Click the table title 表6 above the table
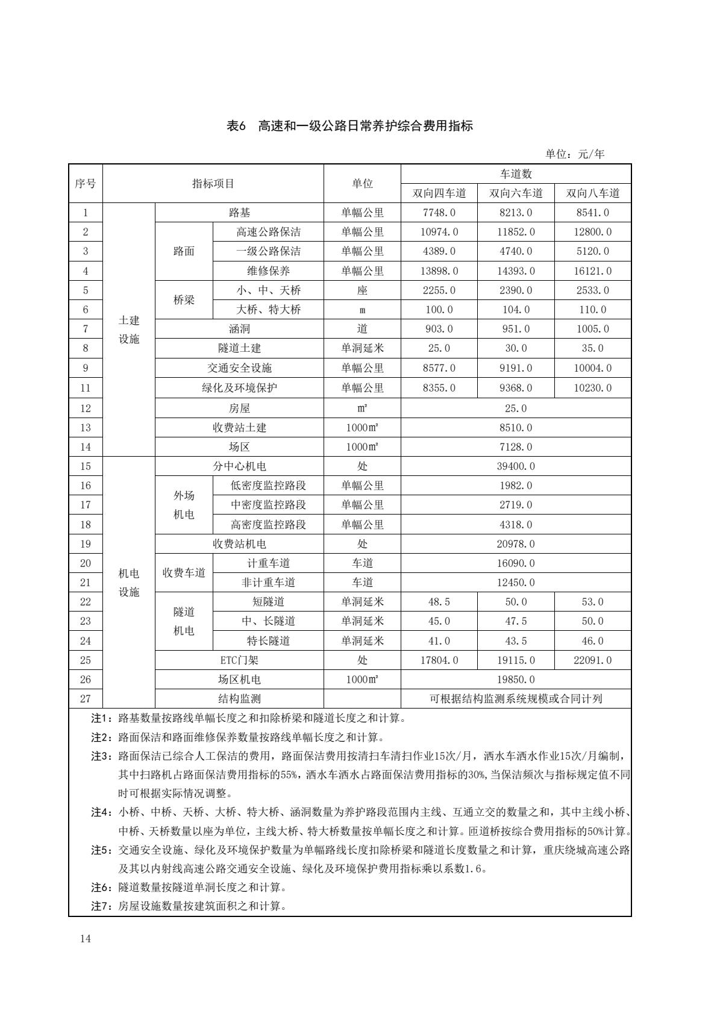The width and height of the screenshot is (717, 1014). pyautogui.click(x=349, y=126)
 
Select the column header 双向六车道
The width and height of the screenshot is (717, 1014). pyautogui.click(x=516, y=193)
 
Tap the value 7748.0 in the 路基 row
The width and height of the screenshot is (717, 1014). pyautogui.click(x=439, y=213)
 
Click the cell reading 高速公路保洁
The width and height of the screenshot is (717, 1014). pyautogui.click(x=268, y=232)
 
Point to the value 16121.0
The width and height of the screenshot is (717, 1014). pyautogui.click(x=592, y=271)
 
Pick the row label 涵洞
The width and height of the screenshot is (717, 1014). pyautogui.click(x=239, y=329)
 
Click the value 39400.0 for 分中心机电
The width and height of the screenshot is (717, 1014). pyautogui.click(x=516, y=466)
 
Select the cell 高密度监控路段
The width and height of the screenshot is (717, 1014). pyautogui.click(x=268, y=525)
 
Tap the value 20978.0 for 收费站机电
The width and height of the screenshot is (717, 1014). pyautogui.click(x=516, y=544)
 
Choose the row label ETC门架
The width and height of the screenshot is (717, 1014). pyautogui.click(x=239, y=660)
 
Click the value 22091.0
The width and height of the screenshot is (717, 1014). pyautogui.click(x=592, y=660)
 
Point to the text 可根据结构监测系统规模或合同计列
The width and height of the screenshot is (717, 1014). pyautogui.click(x=516, y=699)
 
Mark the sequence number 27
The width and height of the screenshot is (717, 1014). pyautogui.click(x=86, y=699)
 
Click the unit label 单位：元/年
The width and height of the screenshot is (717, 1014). pyautogui.click(x=575, y=154)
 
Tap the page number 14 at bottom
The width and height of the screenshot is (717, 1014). pyautogui.click(x=85, y=939)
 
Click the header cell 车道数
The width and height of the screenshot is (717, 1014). pyautogui.click(x=516, y=174)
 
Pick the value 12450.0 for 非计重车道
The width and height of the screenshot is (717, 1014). pyautogui.click(x=516, y=583)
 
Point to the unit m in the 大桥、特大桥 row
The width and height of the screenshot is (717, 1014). pyautogui.click(x=362, y=310)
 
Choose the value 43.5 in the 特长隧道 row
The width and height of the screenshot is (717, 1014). pyautogui.click(x=516, y=641)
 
